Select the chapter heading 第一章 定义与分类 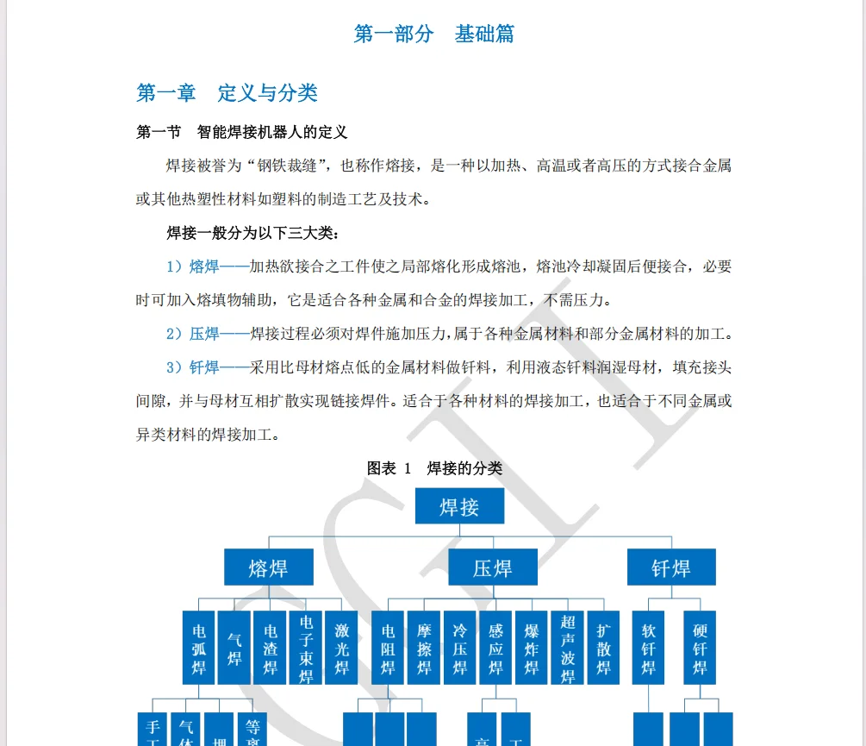pos(227,92)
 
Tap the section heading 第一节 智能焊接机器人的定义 pos(241,132)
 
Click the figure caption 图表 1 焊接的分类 pos(434,468)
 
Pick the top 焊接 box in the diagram pos(459,506)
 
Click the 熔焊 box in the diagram pos(268,567)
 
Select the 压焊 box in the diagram pos(492,567)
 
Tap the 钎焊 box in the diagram pos(670,567)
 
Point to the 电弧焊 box pos(199,648)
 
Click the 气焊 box pos(234,648)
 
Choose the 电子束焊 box pos(306,648)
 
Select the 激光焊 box pos(341,648)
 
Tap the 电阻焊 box pos(389,648)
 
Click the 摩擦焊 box pos(424,648)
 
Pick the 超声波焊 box pos(567,648)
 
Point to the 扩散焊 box pos(603,648)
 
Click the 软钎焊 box pos(648,648)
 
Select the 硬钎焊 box pos(700,648)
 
